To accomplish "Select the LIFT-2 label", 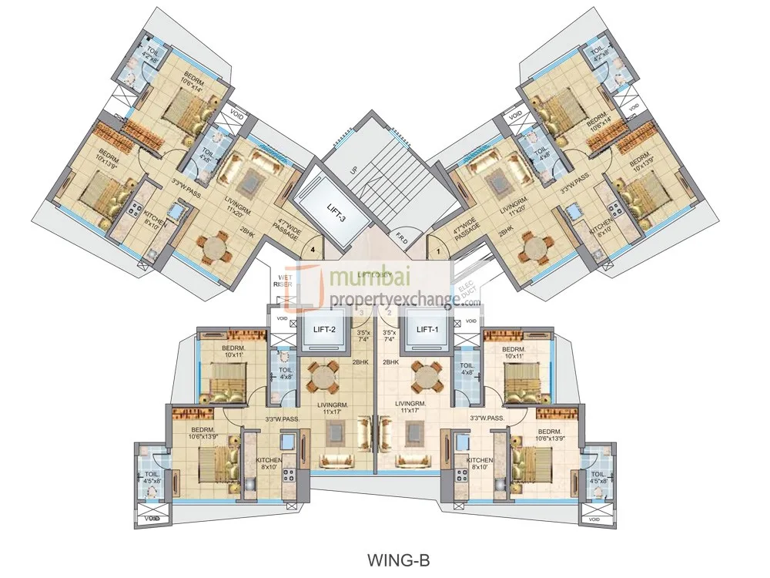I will [x=323, y=330].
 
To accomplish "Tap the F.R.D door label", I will [x=403, y=234].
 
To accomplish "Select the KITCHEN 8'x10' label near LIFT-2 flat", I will [x=269, y=464].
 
